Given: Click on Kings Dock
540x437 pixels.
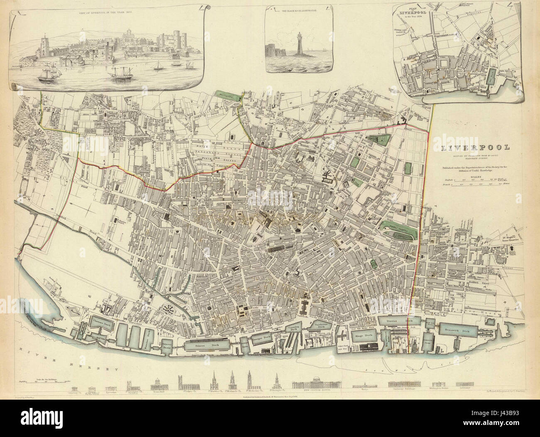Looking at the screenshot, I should [x=363, y=336].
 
